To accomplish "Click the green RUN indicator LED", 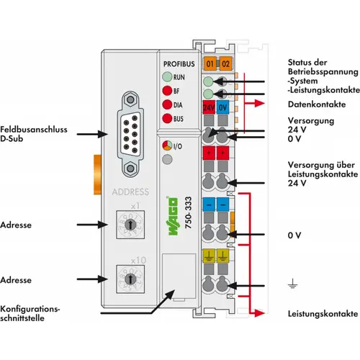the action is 167,77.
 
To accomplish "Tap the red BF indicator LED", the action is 167,91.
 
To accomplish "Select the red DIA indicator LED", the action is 167,104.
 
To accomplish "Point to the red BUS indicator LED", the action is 167,119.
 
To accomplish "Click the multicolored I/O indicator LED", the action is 167,145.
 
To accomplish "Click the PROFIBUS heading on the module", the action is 179,64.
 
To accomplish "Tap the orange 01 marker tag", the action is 210,64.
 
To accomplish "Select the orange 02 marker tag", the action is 225,64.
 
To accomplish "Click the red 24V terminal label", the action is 209,107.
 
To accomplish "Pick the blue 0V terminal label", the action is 222,107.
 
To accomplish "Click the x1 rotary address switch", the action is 130,225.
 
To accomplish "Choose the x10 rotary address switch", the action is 130,279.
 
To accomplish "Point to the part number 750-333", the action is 189,212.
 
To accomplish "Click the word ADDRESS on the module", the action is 130,192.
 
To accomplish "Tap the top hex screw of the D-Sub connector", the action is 130,99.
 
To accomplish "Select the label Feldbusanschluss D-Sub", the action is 34,134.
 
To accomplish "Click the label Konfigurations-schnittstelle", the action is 30,313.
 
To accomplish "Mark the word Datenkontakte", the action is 317,104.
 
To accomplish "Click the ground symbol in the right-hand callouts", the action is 292,284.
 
